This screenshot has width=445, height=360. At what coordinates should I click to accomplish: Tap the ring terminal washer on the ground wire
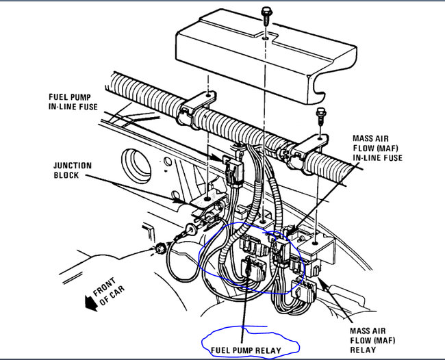pos(190,230)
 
